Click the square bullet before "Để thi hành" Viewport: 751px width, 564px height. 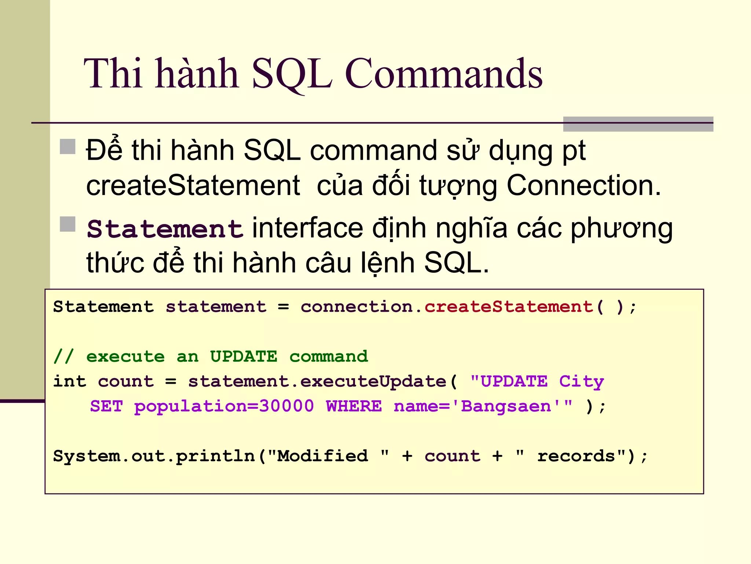click(67, 147)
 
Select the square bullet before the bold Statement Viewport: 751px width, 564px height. click(67, 224)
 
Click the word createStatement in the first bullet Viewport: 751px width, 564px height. click(193, 185)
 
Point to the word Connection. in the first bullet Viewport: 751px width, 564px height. click(583, 185)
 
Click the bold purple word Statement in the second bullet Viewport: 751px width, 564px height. click(165, 229)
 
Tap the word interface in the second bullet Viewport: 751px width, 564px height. click(307, 229)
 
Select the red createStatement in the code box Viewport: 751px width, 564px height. click(509, 307)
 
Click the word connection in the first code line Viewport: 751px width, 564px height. click(357, 307)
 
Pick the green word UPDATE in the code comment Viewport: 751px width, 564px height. click(243, 357)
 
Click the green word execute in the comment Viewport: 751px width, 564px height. click(125, 357)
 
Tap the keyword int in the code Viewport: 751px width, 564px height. click(70, 382)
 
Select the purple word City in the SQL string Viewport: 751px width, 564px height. click(581, 382)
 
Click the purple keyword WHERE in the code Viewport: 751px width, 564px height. click(354, 406)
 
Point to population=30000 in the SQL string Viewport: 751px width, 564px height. click(224, 406)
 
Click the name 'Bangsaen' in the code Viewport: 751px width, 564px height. click(506, 406)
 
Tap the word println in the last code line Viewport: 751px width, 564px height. click(215, 456)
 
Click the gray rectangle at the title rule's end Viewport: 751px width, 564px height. click(638, 124)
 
